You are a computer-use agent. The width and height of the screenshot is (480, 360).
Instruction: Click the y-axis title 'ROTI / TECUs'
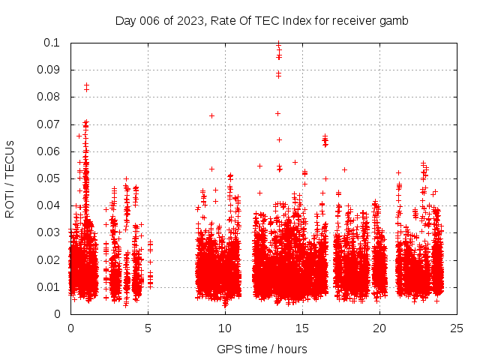pyautogui.click(x=10, y=178)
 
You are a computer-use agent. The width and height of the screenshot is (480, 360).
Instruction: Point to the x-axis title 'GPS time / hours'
pyautogui.click(x=262, y=349)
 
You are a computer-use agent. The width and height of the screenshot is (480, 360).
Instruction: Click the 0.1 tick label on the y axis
pyautogui.click(x=55, y=43)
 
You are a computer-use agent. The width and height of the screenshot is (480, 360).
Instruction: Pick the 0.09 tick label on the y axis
pyautogui.click(x=52, y=70)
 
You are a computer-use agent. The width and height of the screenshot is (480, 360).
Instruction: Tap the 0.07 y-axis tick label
pyautogui.click(x=52, y=124)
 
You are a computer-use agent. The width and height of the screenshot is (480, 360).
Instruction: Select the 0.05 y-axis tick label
pyautogui.click(x=52, y=178)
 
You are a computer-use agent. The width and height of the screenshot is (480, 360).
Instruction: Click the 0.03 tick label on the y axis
pyautogui.click(x=52, y=232)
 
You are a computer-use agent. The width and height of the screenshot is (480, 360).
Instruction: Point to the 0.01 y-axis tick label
pyautogui.click(x=52, y=287)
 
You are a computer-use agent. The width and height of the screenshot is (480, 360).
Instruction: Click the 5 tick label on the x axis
pyautogui.click(x=148, y=328)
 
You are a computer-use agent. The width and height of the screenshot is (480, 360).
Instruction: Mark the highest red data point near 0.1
pyautogui.click(x=279, y=43)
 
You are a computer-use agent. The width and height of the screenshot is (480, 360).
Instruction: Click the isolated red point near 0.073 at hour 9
pyautogui.click(x=212, y=115)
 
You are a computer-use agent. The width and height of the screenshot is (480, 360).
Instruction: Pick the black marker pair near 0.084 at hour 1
pyautogui.click(x=86, y=87)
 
